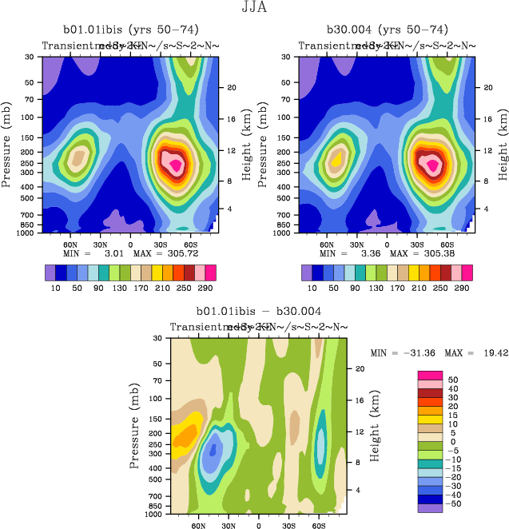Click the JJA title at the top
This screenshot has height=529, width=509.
pos(254,8)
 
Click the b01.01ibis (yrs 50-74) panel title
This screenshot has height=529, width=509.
pos(131,30)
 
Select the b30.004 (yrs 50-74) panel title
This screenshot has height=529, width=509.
pos(387,30)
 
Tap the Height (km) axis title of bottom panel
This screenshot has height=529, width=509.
pos(375,426)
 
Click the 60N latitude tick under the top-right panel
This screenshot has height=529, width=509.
pos(327,244)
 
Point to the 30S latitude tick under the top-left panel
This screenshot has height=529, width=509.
pos(162,244)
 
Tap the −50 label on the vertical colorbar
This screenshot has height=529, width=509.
pos(454,503)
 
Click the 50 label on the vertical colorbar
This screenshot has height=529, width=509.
pos(452,379)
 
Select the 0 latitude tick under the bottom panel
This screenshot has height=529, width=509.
pos(258,526)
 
